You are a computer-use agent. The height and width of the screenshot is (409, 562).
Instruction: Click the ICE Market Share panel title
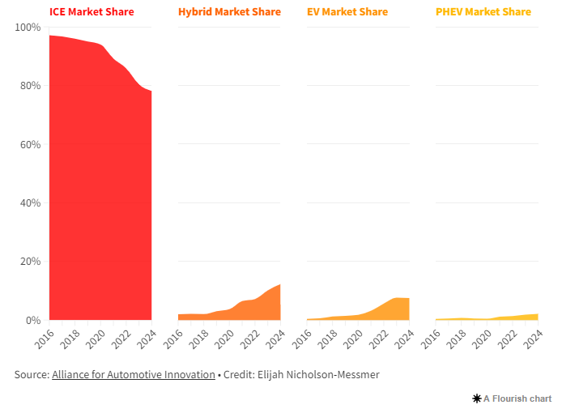(x=92, y=12)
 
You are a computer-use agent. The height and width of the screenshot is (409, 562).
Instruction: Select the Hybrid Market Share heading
(x=229, y=12)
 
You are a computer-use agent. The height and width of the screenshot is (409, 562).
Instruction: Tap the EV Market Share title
(x=347, y=12)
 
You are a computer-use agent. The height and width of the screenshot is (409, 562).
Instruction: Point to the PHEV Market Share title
(x=483, y=12)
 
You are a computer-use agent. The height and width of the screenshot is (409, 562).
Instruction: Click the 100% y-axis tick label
(x=28, y=28)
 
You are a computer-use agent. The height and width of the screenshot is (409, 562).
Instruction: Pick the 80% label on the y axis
(x=30, y=86)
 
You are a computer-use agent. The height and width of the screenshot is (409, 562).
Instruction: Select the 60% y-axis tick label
(x=30, y=145)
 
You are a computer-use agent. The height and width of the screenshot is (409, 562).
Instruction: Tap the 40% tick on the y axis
(x=30, y=203)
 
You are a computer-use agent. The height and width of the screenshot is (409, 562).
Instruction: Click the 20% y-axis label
(x=30, y=262)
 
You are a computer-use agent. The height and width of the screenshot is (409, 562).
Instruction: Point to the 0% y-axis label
(x=32, y=321)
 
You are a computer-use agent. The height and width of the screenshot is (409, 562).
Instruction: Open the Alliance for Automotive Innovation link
(x=134, y=375)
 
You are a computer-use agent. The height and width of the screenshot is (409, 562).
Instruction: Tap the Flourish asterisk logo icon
(x=476, y=398)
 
